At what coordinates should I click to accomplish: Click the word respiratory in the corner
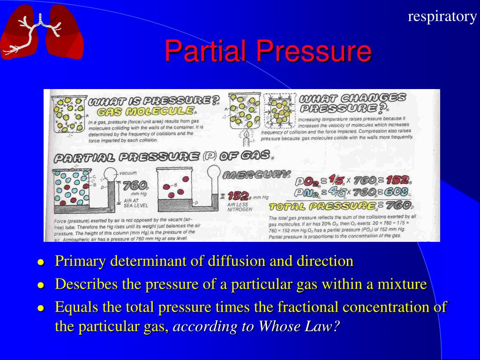[442, 16]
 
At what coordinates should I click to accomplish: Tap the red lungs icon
[42, 31]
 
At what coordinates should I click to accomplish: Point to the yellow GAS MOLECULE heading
[145, 112]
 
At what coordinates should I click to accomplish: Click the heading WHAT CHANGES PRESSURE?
[352, 103]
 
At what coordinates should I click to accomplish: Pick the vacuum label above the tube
[127, 173]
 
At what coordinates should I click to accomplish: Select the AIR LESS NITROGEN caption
[240, 207]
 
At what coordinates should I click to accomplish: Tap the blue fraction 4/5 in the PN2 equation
[336, 192]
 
